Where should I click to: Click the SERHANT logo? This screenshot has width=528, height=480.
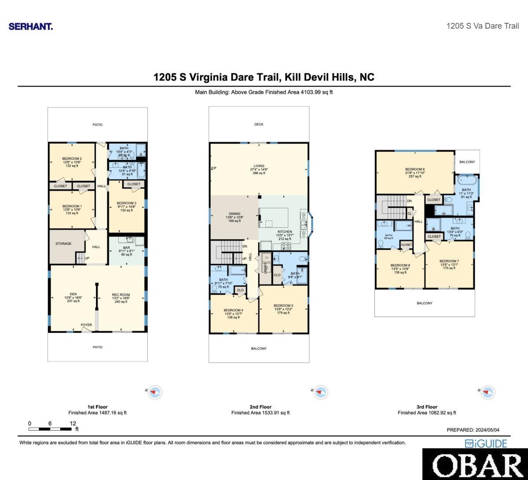point(31,26)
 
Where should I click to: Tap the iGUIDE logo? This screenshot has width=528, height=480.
point(486,443)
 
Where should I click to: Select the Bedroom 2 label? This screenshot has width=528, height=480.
point(72,159)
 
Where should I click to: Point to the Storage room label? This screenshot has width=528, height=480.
point(63,244)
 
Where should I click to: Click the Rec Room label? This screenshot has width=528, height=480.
point(121,295)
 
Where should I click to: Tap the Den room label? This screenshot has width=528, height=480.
point(73,295)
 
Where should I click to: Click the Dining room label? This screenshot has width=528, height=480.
point(235,214)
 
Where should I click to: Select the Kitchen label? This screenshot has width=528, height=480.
point(285,232)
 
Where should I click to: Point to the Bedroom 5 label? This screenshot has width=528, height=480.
point(283,306)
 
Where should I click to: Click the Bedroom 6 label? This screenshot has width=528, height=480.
point(414,170)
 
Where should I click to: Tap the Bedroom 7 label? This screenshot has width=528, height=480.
point(449,262)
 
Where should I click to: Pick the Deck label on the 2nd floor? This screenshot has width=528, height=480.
point(259,125)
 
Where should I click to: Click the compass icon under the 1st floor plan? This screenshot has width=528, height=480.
point(154,391)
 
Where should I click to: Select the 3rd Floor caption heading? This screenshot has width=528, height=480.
point(427,407)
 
